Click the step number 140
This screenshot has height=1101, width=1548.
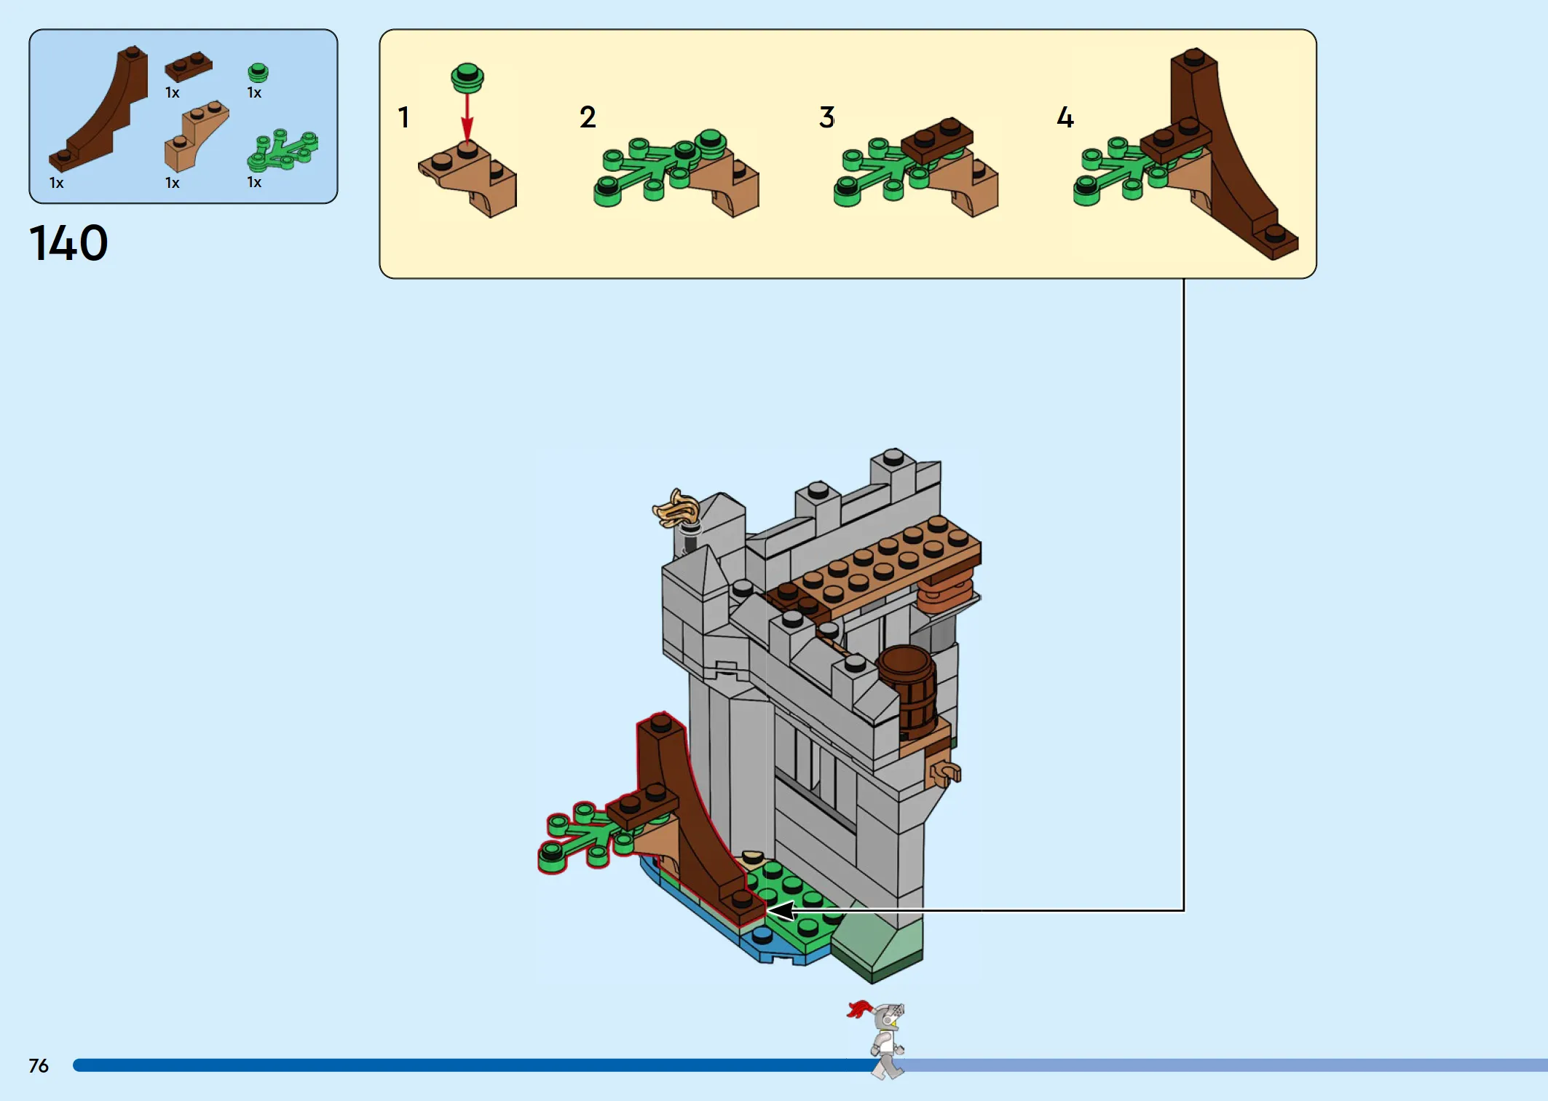point(68,243)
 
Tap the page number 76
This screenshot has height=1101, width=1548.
point(39,1066)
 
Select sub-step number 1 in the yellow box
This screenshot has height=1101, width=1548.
point(403,117)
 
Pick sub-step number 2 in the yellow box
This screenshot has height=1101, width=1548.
point(588,117)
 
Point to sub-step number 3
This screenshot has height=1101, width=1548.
point(826,117)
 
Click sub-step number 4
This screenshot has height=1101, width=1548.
point(1065,117)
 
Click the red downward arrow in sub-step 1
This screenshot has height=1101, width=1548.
point(467,117)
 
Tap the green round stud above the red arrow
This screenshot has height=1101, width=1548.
point(467,77)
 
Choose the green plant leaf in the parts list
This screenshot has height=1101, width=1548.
point(283,150)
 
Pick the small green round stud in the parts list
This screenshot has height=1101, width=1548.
point(258,72)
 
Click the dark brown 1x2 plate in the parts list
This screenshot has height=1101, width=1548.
point(189,67)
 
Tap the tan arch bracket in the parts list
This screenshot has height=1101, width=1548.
point(195,136)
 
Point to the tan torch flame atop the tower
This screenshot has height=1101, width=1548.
point(676,508)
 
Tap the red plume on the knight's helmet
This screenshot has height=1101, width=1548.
point(859,1009)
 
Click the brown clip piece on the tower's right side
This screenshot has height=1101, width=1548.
point(944,772)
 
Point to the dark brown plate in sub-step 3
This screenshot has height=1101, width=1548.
point(937,140)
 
